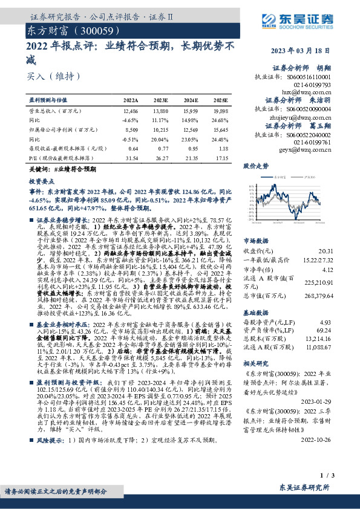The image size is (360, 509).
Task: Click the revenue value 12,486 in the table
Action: [x=130, y=112]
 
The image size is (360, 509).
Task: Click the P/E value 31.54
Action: [x=131, y=157]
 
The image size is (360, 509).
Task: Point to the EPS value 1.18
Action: [x=223, y=148]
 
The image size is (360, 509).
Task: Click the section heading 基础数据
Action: [x=255, y=314]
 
